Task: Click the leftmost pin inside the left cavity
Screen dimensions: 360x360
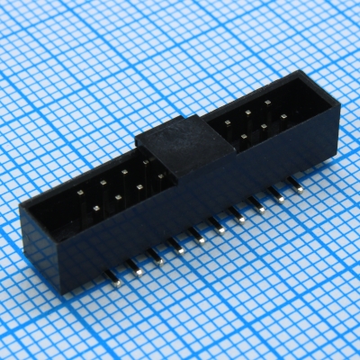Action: point(79,194)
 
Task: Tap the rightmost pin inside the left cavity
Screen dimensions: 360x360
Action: point(160,177)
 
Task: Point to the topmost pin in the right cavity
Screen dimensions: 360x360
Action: point(268,105)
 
